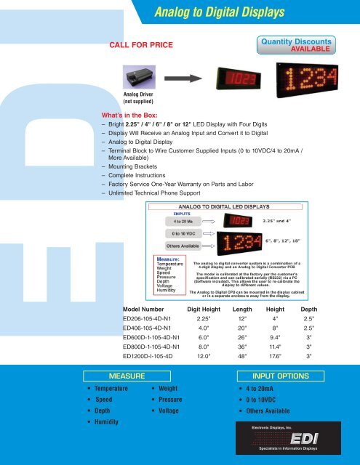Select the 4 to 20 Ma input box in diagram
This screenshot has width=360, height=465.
click(x=183, y=221)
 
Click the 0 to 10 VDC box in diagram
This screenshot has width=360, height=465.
click(x=183, y=233)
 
